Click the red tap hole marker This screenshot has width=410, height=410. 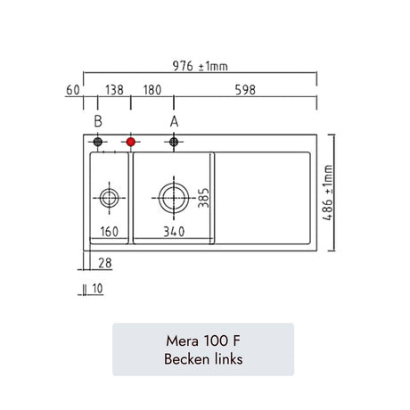pyautogui.click(x=131, y=142)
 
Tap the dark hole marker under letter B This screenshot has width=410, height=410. pyautogui.click(x=98, y=142)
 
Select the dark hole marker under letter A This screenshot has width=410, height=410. pyautogui.click(x=174, y=142)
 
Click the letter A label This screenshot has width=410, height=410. pyautogui.click(x=174, y=121)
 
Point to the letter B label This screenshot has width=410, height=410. pyautogui.click(x=98, y=121)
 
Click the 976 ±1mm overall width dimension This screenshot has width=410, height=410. pyautogui.click(x=201, y=66)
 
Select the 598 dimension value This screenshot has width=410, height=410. pyautogui.click(x=245, y=90)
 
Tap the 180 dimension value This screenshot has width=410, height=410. pyautogui.click(x=152, y=90)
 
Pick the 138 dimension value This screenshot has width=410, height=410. pyautogui.click(x=114, y=90)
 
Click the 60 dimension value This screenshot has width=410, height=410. pyautogui.click(x=73, y=90)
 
